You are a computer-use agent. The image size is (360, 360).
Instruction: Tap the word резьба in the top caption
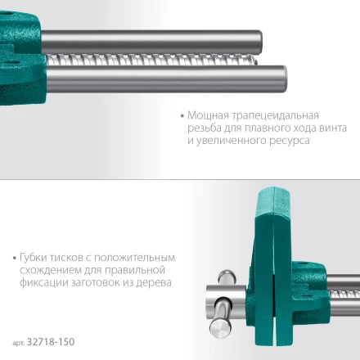pyautogui.click(x=204, y=128)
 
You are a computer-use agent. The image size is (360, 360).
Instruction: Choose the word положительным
pyautogui.click(x=141, y=257)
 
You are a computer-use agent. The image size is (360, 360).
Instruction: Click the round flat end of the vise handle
pyautogui.click(x=218, y=324)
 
